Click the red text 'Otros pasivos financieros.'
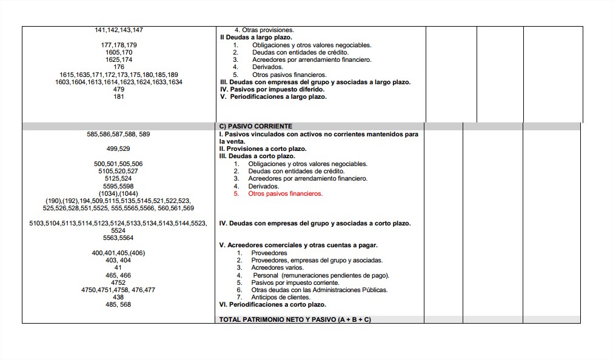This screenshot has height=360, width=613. coord(285,194)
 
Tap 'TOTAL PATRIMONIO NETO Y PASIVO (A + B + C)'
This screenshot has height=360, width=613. coord(295,319)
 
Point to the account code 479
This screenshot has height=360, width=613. coord(119,90)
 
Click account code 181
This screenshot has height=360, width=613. coord(119,97)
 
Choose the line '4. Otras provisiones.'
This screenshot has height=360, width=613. coord(264,30)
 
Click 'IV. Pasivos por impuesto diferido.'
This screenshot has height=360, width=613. coord(272,90)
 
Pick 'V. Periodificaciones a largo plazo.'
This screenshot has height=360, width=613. coord(273,97)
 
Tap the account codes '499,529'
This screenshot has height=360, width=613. coord(119,148)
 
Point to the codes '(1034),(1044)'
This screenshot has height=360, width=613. coord(119,193)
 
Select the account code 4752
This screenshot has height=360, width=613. coord(119,282)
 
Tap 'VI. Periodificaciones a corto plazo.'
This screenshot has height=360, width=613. coord(272,305)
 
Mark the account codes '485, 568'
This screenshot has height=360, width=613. coord(119,305)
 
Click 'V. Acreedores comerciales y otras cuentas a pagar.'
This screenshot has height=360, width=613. coord(298,245)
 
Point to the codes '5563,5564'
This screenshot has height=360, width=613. coord(119,238)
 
